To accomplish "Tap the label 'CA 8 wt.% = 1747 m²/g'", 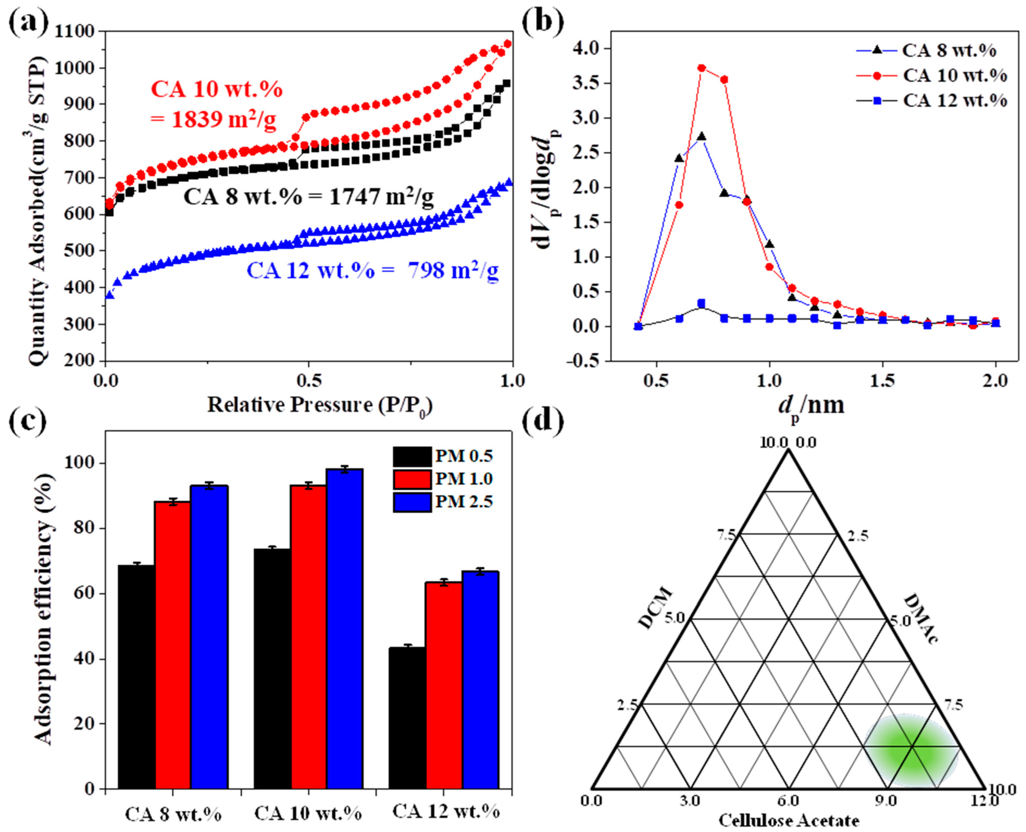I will [x=308, y=197].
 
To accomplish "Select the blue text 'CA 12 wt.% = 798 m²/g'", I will [x=373, y=271].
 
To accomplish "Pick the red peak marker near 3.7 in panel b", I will [x=701, y=68].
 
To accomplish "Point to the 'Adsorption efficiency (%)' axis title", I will [x=44, y=609].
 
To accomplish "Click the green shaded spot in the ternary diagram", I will [x=911, y=750].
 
